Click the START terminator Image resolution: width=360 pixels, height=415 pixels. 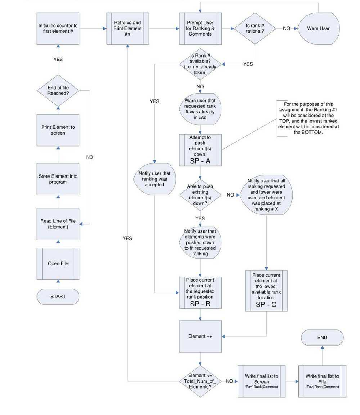click(58, 296)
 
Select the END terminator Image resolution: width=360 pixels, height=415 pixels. click(322, 337)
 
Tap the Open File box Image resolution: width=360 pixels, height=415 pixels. click(58, 263)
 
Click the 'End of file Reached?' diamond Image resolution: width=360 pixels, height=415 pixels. click(58, 90)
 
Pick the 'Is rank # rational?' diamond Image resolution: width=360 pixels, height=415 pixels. click(255, 28)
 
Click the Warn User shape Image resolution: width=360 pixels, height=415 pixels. click(318, 28)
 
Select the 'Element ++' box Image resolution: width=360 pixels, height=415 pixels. click(200, 336)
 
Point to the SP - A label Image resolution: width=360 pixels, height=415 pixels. click(200, 161)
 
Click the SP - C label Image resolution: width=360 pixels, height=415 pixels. click(266, 305)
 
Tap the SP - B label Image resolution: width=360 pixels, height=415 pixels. click(200, 304)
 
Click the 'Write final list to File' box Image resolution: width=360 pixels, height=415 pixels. click(322, 381)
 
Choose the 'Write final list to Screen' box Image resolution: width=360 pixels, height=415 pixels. click(261, 381)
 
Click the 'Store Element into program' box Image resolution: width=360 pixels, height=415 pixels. click(58, 179)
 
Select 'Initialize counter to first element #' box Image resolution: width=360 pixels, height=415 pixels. click(58, 28)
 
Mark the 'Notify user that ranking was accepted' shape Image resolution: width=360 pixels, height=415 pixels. click(154, 179)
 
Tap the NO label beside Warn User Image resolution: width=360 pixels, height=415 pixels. click(287, 28)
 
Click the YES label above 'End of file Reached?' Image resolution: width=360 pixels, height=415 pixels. click(58, 59)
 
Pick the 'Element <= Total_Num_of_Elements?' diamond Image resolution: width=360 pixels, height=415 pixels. click(200, 381)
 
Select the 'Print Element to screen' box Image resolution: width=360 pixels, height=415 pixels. click(58, 130)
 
